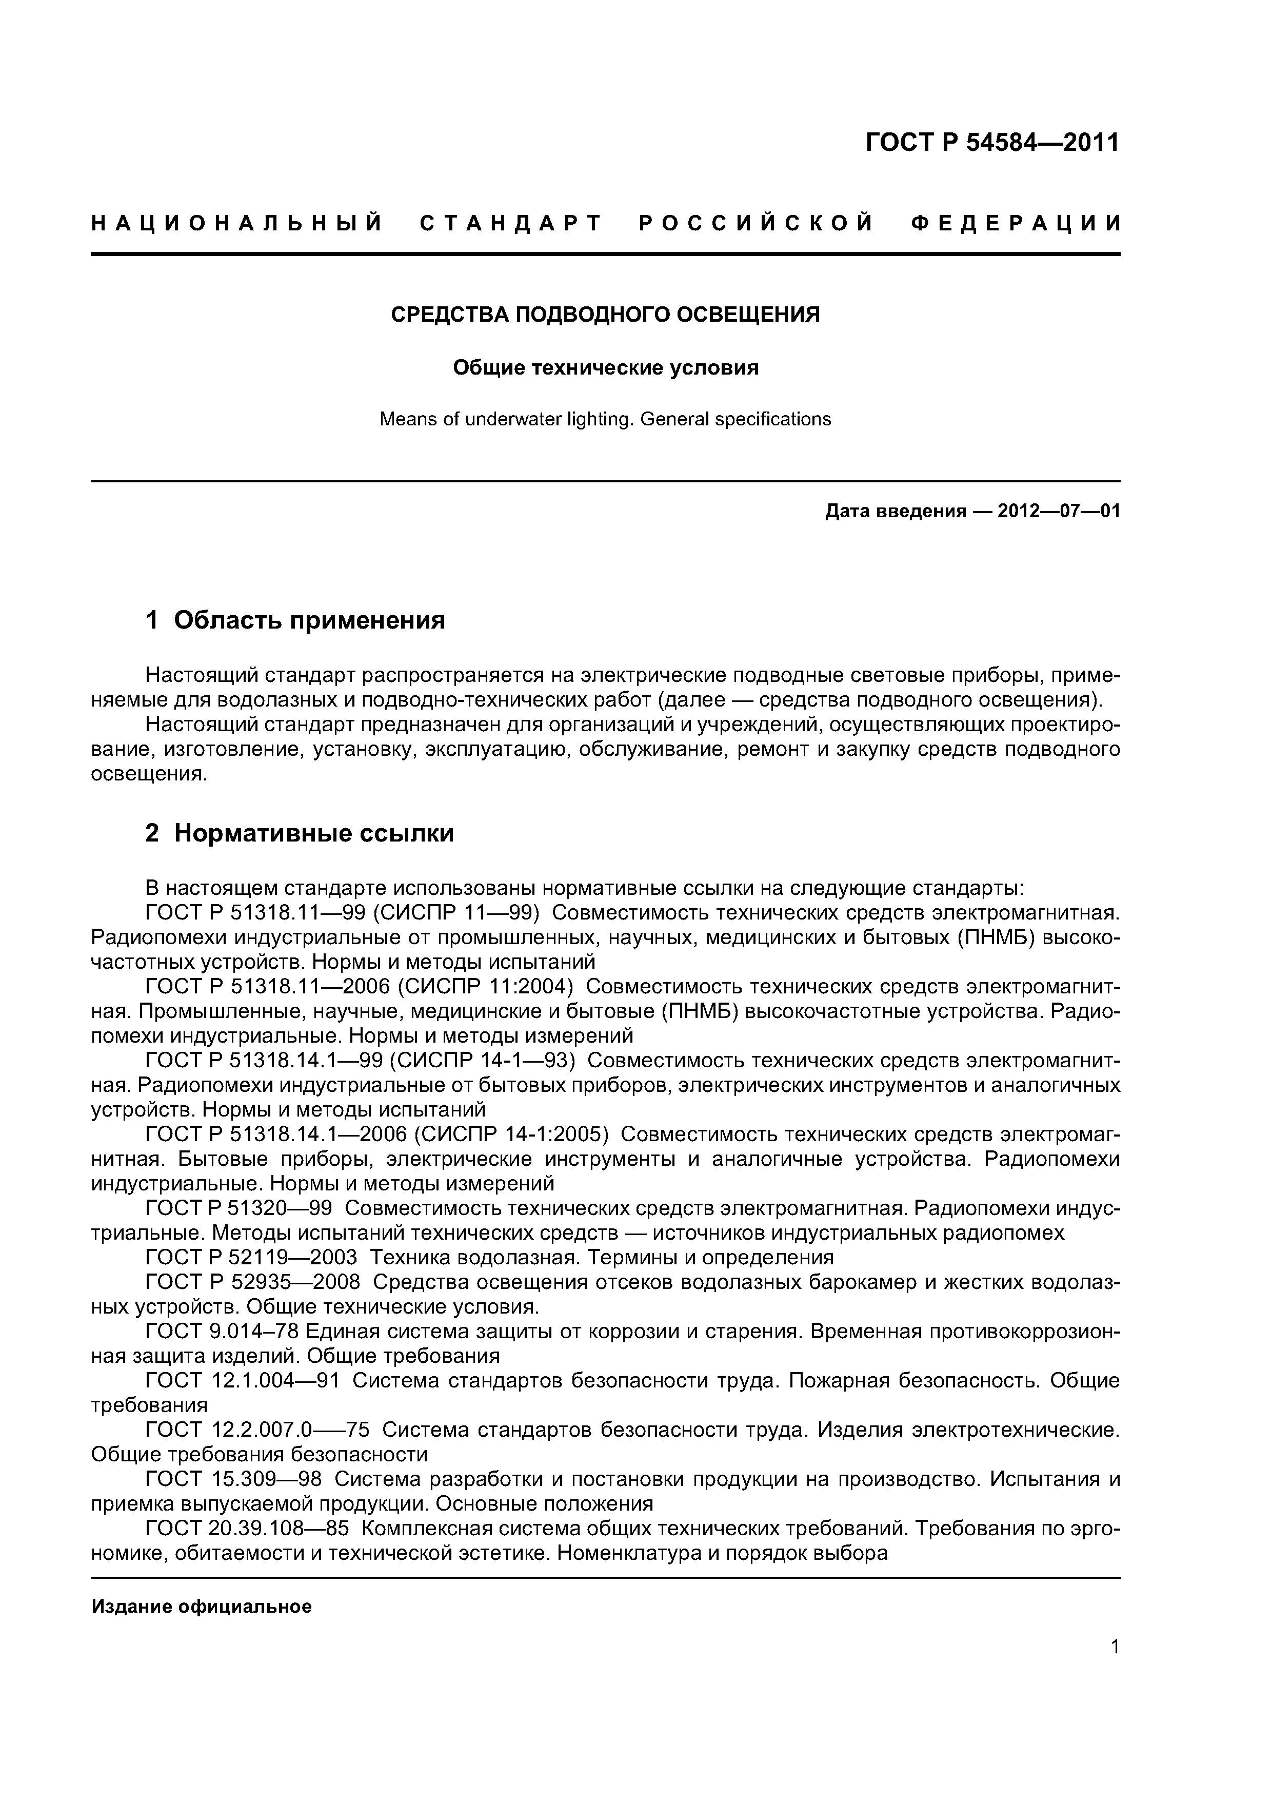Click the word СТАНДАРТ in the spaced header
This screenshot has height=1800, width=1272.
(x=511, y=224)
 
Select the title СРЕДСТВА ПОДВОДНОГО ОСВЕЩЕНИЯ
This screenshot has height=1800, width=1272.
(x=605, y=315)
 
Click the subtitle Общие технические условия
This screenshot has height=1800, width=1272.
(x=605, y=368)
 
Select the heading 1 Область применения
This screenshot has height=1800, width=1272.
(x=295, y=620)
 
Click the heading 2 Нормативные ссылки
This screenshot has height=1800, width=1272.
(x=300, y=833)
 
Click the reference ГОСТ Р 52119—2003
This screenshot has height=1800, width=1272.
(x=251, y=1258)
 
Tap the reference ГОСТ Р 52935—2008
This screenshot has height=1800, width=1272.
(x=252, y=1283)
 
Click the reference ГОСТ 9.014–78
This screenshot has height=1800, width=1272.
(x=220, y=1331)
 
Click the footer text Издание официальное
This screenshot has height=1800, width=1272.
(x=202, y=1607)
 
